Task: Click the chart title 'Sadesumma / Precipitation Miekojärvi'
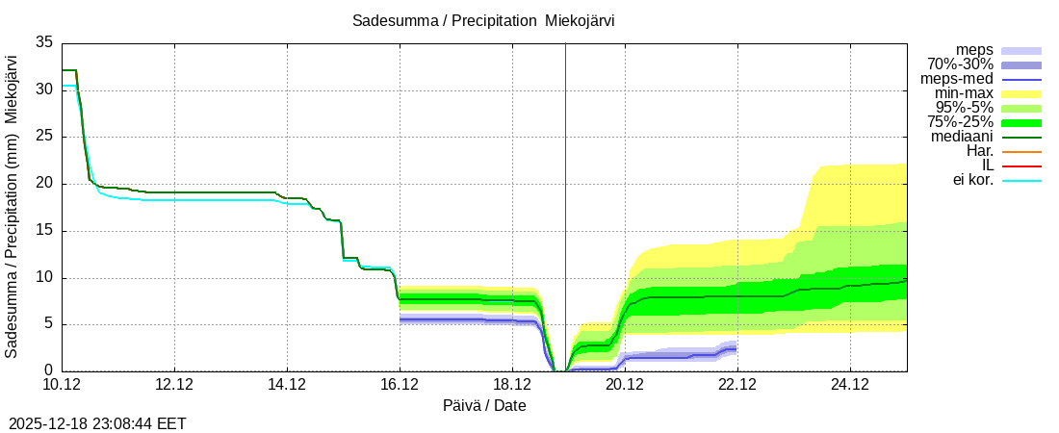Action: (483, 20)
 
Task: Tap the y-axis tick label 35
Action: (44, 42)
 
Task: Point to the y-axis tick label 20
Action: (44, 184)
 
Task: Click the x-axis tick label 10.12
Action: (62, 385)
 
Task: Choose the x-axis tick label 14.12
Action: (287, 385)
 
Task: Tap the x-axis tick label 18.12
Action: (512, 385)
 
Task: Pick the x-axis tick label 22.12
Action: (737, 385)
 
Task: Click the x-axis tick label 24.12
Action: (850, 385)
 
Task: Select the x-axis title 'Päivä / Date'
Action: (484, 405)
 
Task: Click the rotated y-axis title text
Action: (13, 207)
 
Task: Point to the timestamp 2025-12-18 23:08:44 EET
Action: (97, 422)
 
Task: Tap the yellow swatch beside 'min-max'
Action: (1021, 93)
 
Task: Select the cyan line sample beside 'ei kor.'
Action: (1021, 180)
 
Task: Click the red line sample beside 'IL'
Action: (1021, 166)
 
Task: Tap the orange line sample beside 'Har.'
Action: (1021, 151)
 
